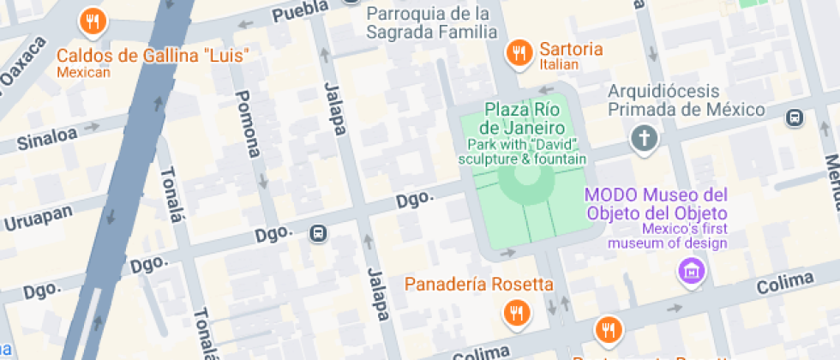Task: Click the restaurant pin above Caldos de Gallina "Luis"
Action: click(92, 21)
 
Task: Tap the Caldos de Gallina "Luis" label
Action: click(153, 57)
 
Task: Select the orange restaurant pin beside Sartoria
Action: click(518, 53)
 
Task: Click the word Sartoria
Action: click(571, 48)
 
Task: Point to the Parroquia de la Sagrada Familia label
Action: click(429, 23)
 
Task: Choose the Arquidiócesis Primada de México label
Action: click(686, 99)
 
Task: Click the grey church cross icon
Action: click(644, 137)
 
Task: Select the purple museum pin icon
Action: click(690, 272)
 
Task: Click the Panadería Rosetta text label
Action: click(479, 285)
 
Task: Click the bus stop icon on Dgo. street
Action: click(319, 232)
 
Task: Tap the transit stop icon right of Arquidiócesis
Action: click(795, 117)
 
